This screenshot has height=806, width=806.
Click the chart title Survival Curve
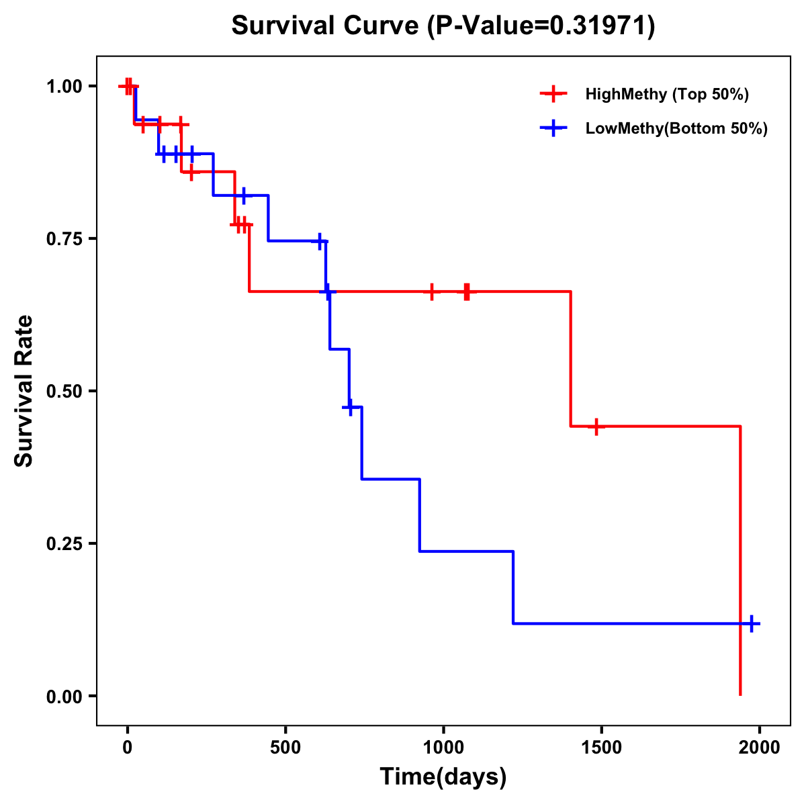(326, 26)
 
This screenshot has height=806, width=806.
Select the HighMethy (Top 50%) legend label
(667, 94)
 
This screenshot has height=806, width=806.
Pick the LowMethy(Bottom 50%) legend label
(676, 129)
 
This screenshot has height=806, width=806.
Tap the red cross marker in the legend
(553, 94)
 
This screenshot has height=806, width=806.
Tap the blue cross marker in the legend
(553, 129)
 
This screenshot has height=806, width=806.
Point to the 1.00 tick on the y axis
(63, 86)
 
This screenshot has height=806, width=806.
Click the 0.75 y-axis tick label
(63, 238)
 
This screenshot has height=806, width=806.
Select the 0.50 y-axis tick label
(63, 391)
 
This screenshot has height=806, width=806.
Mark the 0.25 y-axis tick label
(63, 543)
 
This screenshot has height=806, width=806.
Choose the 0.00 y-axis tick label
(63, 696)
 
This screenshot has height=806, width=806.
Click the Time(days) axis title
(443, 777)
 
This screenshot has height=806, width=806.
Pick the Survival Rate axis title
(24, 391)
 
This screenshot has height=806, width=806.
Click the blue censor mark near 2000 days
(752, 624)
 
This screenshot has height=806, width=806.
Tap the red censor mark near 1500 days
(596, 427)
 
